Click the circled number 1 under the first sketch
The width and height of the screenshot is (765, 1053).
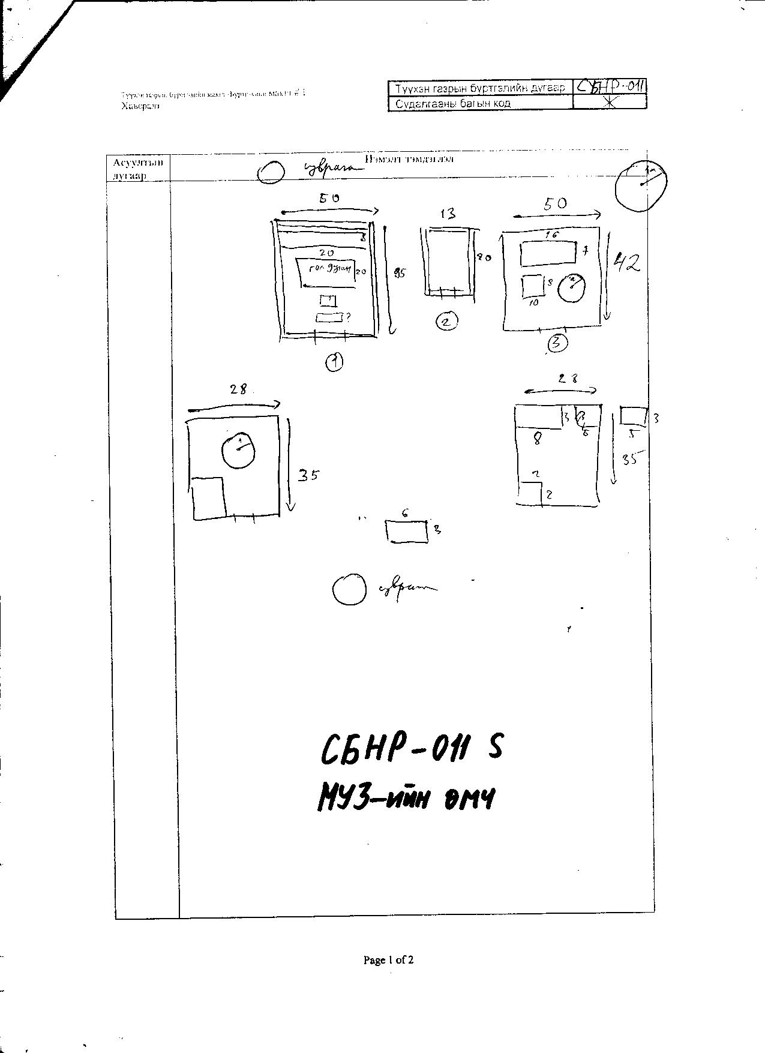pos(334,362)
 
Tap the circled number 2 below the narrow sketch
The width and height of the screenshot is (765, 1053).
pos(446,322)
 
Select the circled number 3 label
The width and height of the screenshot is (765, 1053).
pos(557,343)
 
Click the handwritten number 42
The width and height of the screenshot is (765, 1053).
pos(626,263)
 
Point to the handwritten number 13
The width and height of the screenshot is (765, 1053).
pos(447,214)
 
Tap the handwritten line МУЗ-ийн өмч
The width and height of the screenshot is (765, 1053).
pos(406,799)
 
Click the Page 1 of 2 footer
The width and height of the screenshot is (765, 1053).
pos(388,960)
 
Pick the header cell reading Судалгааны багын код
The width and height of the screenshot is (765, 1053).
pos(480,103)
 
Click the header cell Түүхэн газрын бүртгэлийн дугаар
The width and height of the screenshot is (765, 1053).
pos(480,88)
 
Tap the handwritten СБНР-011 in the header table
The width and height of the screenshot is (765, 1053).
pos(610,87)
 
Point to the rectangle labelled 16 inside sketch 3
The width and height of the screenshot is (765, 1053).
pos(548,253)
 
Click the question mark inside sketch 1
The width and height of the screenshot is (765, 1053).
pos(348,316)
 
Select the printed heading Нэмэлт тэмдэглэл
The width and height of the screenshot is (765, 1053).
pos(409,159)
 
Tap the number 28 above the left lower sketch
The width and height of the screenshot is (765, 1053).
pos(238,389)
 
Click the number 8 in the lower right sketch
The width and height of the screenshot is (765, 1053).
pos(538,439)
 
